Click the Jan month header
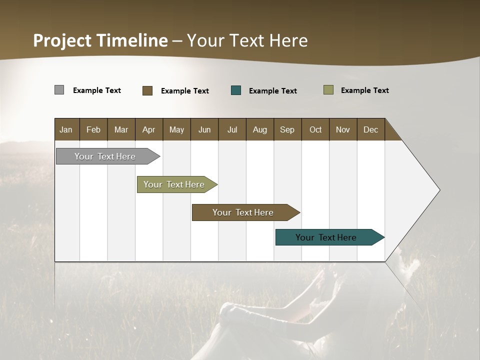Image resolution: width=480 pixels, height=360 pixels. pyautogui.click(x=66, y=129)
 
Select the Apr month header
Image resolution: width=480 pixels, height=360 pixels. pyautogui.click(x=149, y=129)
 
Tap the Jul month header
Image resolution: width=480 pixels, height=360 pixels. pyautogui.click(x=232, y=129)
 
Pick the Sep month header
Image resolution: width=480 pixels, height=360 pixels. pyautogui.click(x=287, y=129)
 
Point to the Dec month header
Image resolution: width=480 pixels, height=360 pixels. pyautogui.click(x=370, y=129)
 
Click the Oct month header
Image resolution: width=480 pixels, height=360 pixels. pyautogui.click(x=315, y=129)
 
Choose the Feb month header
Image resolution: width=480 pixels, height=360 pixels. pyautogui.click(x=93, y=129)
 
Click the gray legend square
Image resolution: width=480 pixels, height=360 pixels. pyautogui.click(x=59, y=90)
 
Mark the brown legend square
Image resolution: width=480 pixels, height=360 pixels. pyautogui.click(x=147, y=90)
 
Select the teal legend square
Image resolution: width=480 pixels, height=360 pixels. pyautogui.click(x=236, y=90)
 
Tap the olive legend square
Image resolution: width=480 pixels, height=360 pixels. pyautogui.click(x=328, y=90)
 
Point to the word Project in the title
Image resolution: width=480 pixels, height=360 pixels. pyautogui.click(x=62, y=40)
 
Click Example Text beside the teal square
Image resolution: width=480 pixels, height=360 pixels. pyautogui.click(x=272, y=91)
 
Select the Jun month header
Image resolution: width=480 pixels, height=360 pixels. pyautogui.click(x=204, y=129)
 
